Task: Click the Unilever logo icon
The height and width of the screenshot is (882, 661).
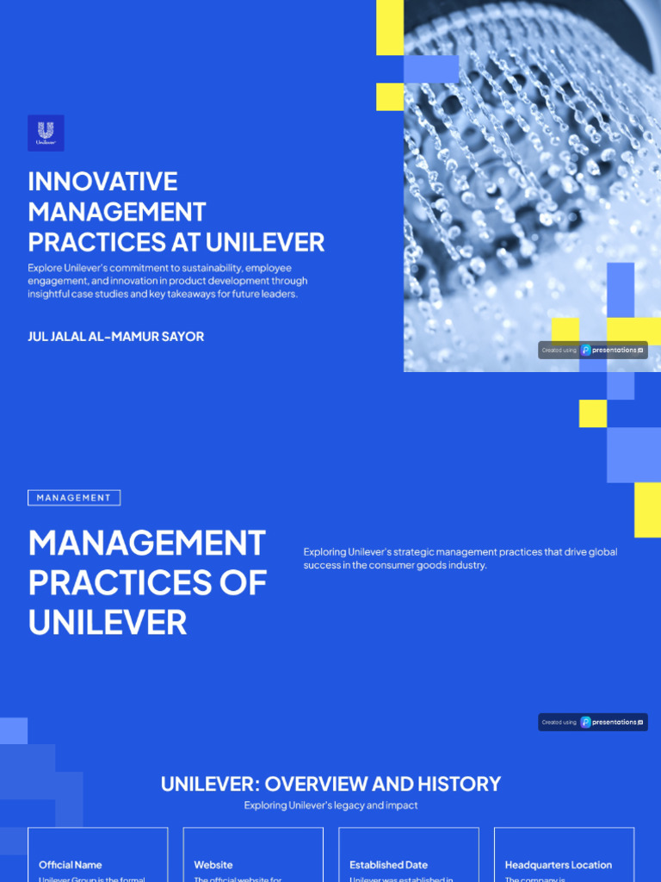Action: [x=46, y=133]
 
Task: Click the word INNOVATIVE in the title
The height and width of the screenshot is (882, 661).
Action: [x=102, y=182]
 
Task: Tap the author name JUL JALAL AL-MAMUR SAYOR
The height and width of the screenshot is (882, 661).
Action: [x=116, y=337]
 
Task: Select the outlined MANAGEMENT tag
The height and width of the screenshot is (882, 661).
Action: [x=74, y=498]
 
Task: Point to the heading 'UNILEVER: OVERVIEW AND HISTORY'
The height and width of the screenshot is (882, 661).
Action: [x=330, y=784]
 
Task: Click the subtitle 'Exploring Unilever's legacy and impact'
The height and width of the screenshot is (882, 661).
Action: [x=330, y=805]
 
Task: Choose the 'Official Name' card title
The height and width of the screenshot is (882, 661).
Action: [x=71, y=865]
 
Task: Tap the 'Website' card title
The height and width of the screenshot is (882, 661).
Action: [x=213, y=865]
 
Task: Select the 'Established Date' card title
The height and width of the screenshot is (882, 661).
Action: [x=388, y=865]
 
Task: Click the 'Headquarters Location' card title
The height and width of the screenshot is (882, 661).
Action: [x=559, y=865]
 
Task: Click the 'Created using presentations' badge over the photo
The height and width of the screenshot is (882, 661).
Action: [x=593, y=351]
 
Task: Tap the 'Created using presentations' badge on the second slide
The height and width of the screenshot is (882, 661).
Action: [x=593, y=723]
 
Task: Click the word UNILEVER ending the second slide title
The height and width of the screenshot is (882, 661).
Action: [x=107, y=622]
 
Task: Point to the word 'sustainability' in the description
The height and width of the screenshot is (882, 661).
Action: [x=206, y=268]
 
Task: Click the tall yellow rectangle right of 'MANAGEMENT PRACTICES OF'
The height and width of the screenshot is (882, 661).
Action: [x=647, y=510]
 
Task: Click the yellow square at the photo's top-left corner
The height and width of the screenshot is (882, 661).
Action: [x=390, y=28]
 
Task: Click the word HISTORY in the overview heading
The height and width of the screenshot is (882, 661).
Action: [x=459, y=784]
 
